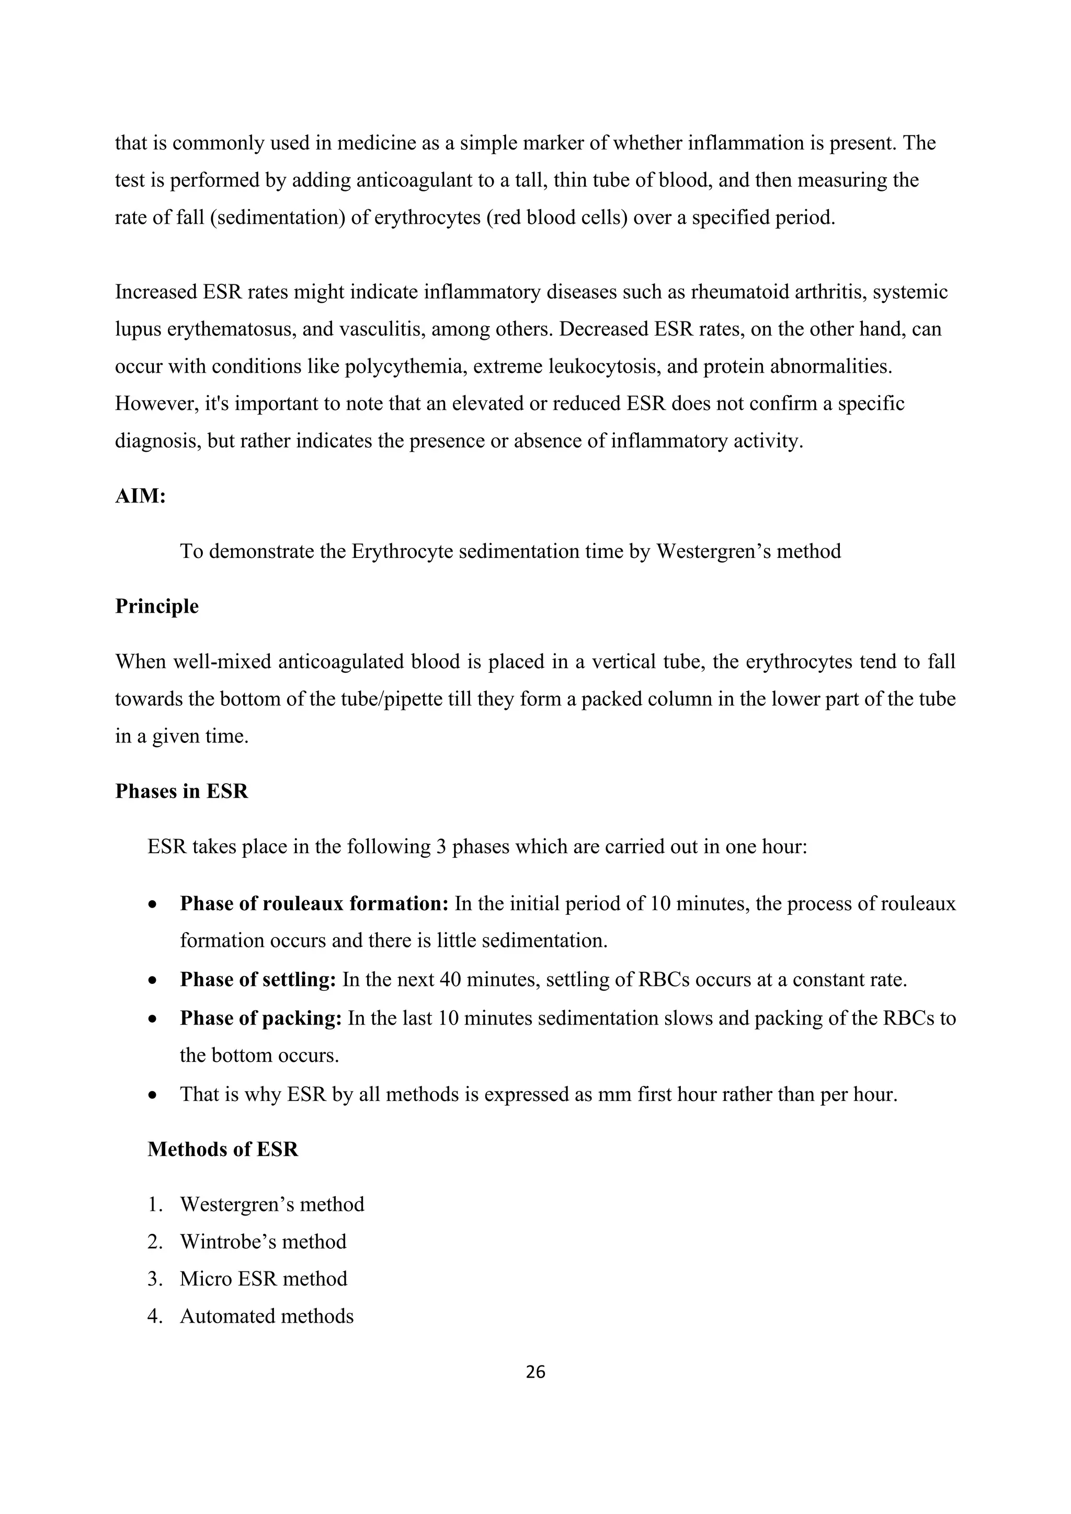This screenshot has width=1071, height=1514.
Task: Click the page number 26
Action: point(535,1372)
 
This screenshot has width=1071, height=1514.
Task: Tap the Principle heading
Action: point(156,606)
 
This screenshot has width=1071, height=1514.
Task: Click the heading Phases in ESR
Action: point(181,790)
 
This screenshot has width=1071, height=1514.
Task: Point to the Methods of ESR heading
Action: point(222,1149)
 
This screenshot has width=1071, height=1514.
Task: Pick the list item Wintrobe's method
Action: point(263,1242)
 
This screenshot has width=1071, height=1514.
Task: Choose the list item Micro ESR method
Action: point(263,1279)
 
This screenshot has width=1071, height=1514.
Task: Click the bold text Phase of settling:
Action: point(258,979)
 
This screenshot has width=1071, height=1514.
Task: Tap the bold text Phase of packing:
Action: point(260,1017)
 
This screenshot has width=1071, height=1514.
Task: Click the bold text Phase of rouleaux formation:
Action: point(314,903)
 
